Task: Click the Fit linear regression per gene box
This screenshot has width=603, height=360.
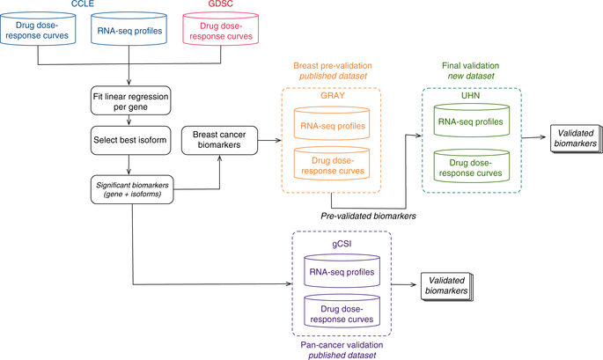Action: coord(130,103)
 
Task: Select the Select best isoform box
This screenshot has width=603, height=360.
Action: coord(130,140)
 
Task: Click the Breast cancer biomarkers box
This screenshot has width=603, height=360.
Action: coord(216,140)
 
